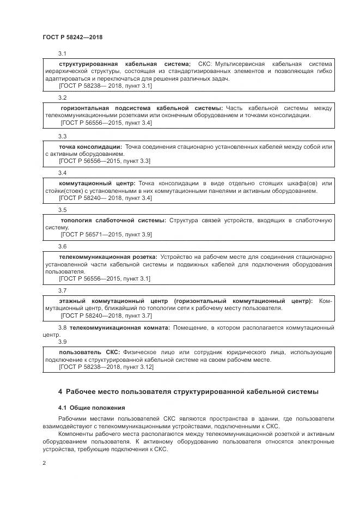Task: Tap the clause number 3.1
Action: [x=62, y=53]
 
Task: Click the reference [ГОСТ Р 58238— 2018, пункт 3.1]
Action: [x=105, y=86]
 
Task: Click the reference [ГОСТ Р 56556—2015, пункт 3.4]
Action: [x=105, y=123]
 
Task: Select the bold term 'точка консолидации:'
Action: [x=90, y=147]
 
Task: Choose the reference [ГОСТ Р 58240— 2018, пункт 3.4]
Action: [x=105, y=198]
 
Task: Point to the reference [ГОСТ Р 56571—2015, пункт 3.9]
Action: [x=106, y=234]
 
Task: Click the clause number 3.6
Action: [x=62, y=246]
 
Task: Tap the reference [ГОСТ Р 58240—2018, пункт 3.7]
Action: [x=106, y=315]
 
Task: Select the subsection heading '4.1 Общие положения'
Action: [x=91, y=408]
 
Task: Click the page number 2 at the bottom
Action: [x=44, y=463]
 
